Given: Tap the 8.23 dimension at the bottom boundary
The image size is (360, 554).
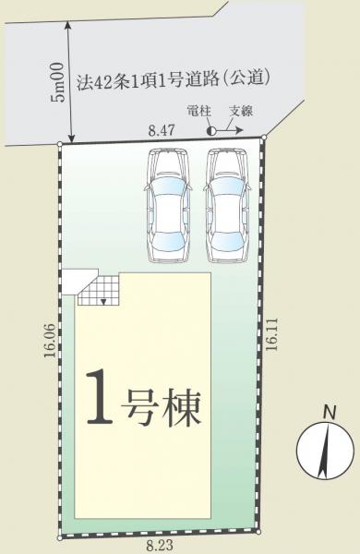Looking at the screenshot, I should click(158, 546).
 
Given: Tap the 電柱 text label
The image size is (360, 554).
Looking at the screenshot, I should click(198, 111).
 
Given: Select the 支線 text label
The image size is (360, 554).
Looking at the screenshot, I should click(241, 111).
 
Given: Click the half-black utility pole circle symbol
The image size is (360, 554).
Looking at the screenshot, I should click(211, 132).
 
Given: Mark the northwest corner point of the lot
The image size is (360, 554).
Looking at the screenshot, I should click(60, 144).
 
